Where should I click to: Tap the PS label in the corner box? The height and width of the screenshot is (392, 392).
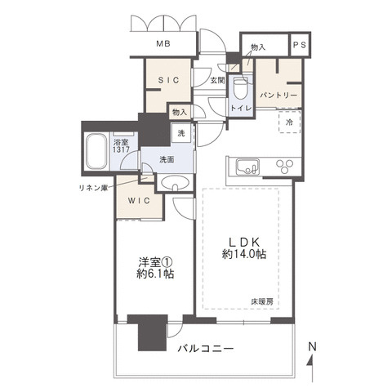coord(300,47)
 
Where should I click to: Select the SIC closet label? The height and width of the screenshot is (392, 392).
coord(170,79)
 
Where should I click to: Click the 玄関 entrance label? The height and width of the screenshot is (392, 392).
coord(216,81)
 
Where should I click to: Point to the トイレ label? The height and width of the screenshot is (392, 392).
coord(239,107)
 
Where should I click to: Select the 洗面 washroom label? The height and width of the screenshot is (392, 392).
coord(167,158)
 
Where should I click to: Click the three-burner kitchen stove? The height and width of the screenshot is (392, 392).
coord(287,166)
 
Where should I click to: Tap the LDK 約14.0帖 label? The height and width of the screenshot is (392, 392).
coord(243,248)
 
